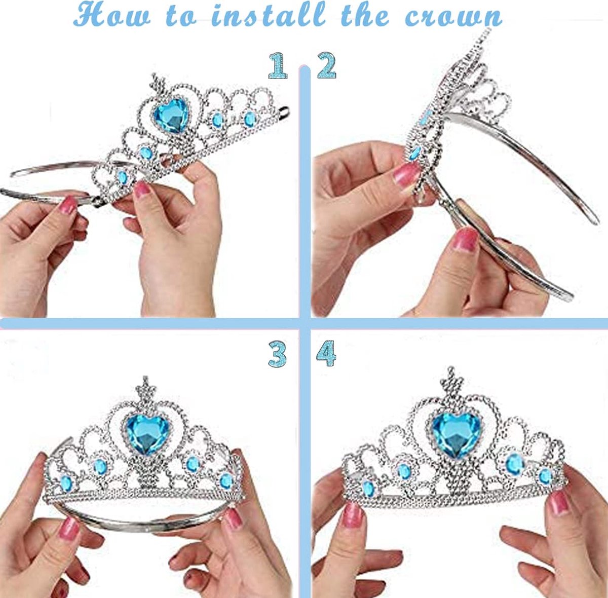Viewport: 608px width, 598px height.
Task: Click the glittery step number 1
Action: [278, 65]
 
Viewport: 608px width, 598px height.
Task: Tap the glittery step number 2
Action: [327, 65]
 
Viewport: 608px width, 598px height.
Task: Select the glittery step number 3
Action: [277, 354]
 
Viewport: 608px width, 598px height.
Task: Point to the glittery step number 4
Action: [326, 354]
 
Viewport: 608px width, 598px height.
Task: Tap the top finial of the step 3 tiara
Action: [145, 388]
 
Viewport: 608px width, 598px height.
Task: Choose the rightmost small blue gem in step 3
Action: [226, 481]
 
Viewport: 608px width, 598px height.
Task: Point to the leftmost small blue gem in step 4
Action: [368, 488]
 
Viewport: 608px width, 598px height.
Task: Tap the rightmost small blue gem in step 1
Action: [250, 119]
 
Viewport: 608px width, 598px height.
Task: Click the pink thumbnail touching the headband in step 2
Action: [466, 239]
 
